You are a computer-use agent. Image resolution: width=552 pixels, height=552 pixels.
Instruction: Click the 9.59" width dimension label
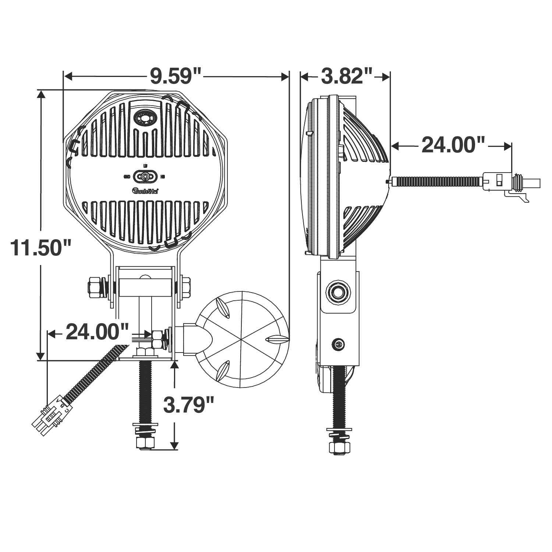pos(176,76)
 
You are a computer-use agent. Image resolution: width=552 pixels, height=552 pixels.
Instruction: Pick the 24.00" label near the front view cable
pos(98,332)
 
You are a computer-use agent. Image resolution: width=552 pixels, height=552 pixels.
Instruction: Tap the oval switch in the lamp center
pos(145,177)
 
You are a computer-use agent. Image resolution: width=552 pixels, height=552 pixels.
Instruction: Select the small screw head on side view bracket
pos(338,345)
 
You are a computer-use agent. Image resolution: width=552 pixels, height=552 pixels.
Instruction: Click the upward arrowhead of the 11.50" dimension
pos(41,93)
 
